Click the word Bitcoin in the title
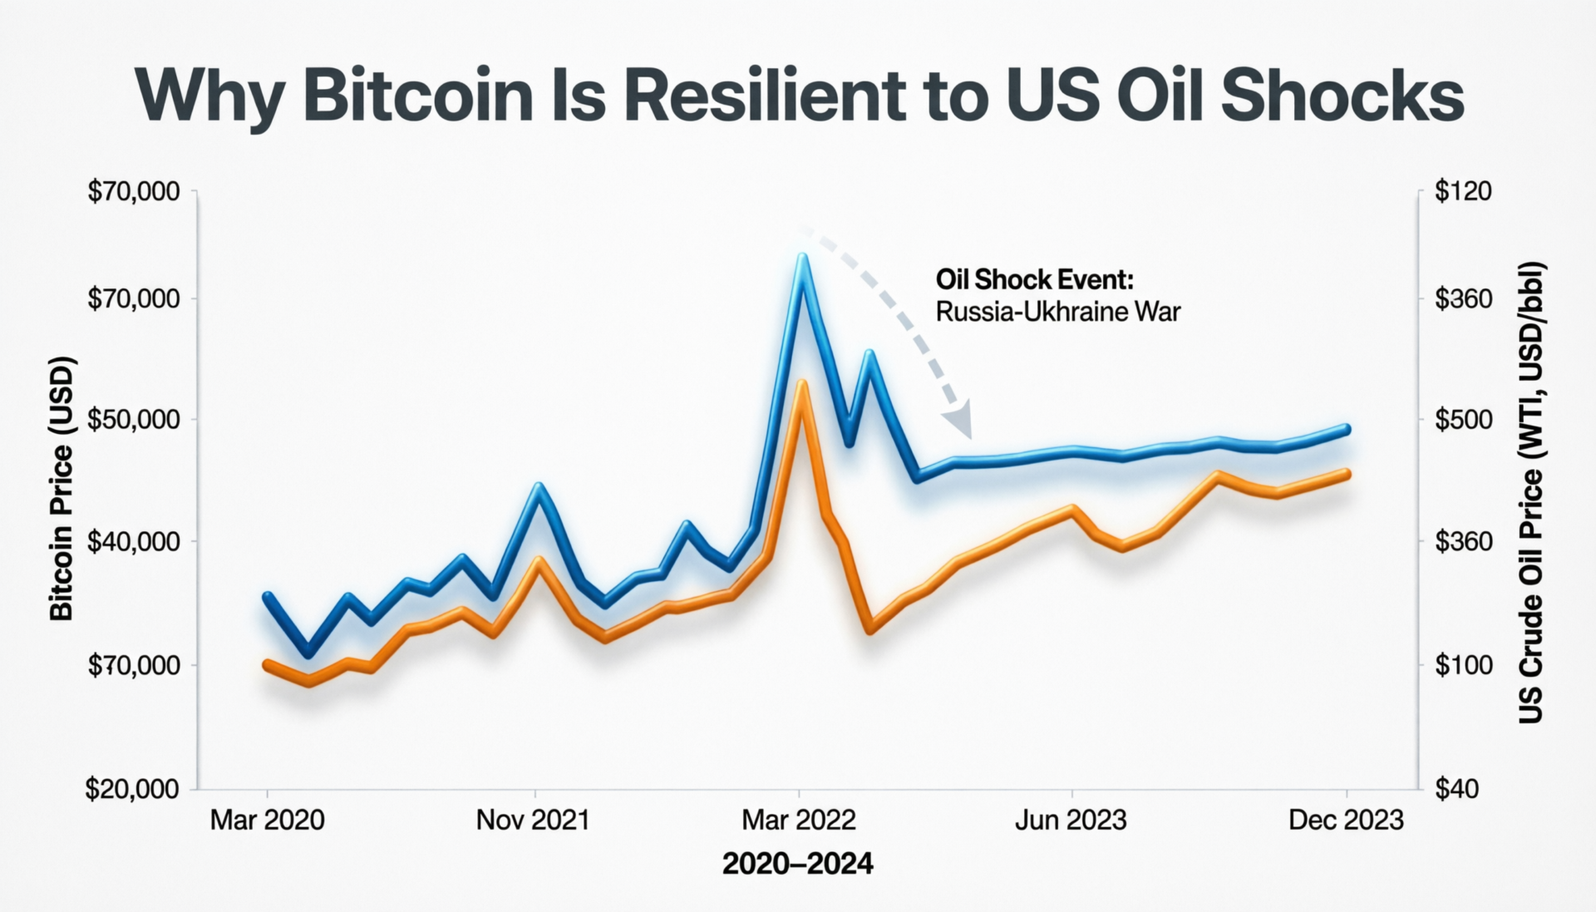[x=418, y=96]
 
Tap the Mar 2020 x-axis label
[x=267, y=821]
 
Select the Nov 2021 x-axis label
[x=533, y=821]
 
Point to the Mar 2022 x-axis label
[x=799, y=821]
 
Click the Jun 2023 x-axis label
[x=1071, y=821]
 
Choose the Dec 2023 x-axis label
[x=1346, y=821]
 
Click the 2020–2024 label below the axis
[x=798, y=865]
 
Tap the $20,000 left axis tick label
[x=133, y=789]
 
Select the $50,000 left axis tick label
[x=133, y=419]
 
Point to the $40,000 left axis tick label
[x=133, y=541]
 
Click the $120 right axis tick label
[x=1463, y=191]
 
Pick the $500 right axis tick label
[x=1463, y=419]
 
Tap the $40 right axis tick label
[x=1456, y=789]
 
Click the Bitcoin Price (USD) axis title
[x=62, y=489]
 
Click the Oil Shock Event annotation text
[x=1034, y=279]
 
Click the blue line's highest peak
[x=801, y=258]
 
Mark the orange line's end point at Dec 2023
[x=1346, y=474]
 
